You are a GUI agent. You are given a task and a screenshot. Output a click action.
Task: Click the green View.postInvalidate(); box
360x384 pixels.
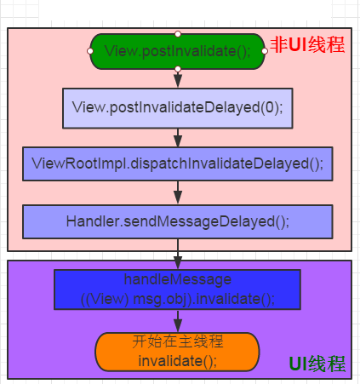(x=177, y=51)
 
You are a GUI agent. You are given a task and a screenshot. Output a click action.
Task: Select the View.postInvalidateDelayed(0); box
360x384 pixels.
(x=178, y=108)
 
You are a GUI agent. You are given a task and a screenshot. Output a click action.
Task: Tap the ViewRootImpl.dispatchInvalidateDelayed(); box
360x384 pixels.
(x=178, y=163)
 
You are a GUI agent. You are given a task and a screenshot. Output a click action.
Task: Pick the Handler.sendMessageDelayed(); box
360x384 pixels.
(x=178, y=221)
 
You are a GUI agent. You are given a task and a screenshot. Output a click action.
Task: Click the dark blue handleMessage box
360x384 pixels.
(x=177, y=289)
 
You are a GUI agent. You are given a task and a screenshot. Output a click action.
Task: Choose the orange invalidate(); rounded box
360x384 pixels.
(x=177, y=352)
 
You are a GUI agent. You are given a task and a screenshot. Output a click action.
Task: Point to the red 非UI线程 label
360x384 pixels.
(x=307, y=45)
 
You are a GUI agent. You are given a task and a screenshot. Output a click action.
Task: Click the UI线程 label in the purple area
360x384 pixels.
(x=317, y=364)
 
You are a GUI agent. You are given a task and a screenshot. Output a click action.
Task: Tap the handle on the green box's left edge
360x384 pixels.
(x=90, y=51)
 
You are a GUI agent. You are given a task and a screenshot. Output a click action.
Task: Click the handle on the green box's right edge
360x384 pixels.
(x=265, y=51)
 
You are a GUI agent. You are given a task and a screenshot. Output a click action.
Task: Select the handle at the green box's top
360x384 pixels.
(x=178, y=34)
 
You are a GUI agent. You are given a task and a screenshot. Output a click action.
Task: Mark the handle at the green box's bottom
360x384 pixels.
(x=178, y=69)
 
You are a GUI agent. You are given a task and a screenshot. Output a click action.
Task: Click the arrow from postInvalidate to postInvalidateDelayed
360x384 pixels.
(x=178, y=79)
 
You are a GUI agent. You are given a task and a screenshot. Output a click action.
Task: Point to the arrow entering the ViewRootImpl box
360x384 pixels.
(x=178, y=138)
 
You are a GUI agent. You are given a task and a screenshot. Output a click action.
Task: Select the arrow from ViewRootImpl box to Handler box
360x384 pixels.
(x=178, y=193)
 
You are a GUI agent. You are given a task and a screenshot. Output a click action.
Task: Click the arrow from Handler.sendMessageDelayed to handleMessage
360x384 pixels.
(x=178, y=254)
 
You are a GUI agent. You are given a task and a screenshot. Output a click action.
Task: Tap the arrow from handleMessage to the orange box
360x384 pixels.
(x=178, y=321)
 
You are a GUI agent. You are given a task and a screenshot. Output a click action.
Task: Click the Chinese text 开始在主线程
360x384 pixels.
(x=178, y=341)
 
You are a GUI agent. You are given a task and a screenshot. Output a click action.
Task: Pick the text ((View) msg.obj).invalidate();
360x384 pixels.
(x=178, y=299)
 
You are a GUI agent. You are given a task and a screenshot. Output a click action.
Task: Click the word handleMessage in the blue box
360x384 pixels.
(x=178, y=280)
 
